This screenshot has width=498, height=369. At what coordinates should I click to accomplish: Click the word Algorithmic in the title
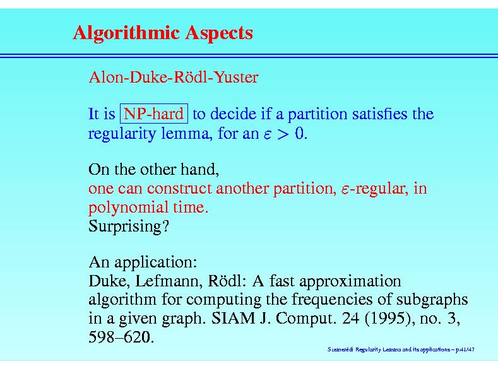(x=126, y=33)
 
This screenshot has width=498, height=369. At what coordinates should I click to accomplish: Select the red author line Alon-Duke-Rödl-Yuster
(x=174, y=77)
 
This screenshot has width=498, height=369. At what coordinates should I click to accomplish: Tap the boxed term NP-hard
(x=154, y=114)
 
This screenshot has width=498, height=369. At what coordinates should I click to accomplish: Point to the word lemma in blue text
(x=185, y=133)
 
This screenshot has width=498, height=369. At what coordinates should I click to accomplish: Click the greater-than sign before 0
(x=283, y=134)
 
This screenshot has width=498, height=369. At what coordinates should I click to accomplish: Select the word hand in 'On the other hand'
(x=199, y=169)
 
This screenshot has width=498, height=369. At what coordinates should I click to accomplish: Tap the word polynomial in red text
(x=128, y=208)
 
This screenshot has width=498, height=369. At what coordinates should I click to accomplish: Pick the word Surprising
(x=128, y=226)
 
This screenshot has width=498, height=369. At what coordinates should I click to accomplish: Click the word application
(x=156, y=262)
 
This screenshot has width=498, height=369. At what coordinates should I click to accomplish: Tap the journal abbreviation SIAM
(x=233, y=318)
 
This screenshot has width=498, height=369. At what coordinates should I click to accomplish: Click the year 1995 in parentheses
(x=389, y=319)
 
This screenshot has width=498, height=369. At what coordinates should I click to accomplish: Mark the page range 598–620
(x=121, y=337)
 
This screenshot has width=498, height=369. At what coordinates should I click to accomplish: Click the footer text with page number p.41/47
(x=401, y=349)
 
